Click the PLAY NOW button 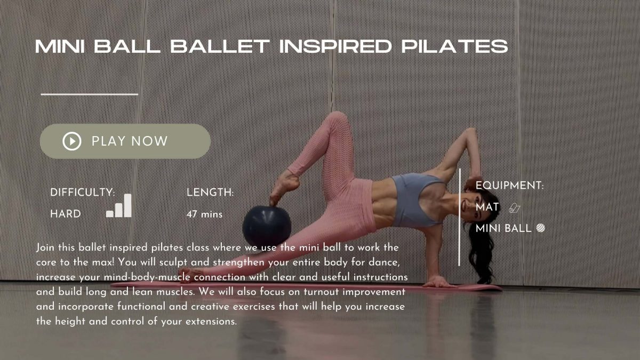click(x=125, y=141)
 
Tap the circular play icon click(x=71, y=141)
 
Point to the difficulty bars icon click(x=119, y=206)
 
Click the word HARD click(x=66, y=214)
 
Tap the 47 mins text click(x=204, y=214)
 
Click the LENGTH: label click(x=210, y=193)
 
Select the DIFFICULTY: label click(x=83, y=193)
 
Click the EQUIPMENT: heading click(x=509, y=186)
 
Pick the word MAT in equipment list click(x=487, y=207)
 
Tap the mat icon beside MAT click(x=514, y=207)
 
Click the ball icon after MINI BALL click(x=540, y=228)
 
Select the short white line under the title click(x=90, y=94)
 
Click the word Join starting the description click(x=45, y=248)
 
